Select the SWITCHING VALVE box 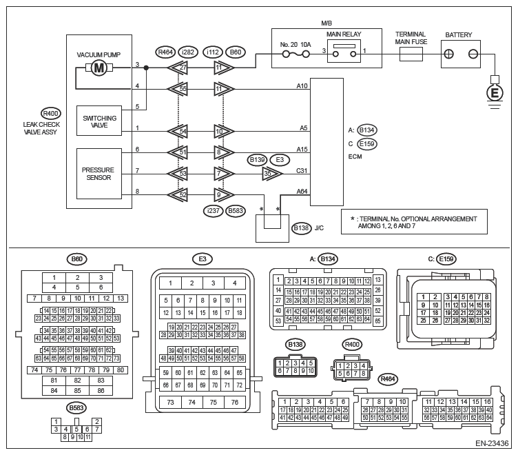pyautogui.click(x=100, y=121)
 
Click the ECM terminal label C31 pyautogui.click(x=301, y=171)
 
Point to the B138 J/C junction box pyautogui.click(x=270, y=228)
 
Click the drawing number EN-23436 pyautogui.click(x=491, y=445)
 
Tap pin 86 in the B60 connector pyautogui.click(x=101, y=391)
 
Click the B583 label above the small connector pyautogui.click(x=76, y=408)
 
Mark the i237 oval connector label pyautogui.click(x=211, y=211)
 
